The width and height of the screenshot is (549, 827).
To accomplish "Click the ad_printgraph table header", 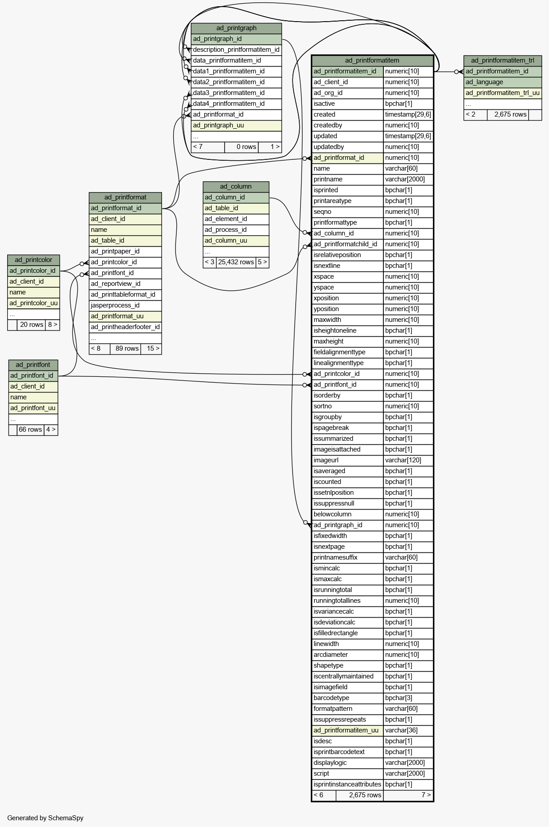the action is [236, 28].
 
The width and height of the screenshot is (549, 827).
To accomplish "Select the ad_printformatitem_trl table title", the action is [503, 60].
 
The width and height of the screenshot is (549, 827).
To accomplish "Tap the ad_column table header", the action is [236, 186].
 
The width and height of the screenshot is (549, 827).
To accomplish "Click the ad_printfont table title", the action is [33, 365].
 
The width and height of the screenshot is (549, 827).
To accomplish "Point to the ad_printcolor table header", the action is [33, 260].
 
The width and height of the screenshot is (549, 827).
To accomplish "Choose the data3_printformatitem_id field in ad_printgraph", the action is [229, 93].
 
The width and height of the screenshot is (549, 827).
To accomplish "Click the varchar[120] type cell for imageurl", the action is [403, 460].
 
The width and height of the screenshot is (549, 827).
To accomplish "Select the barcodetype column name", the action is [332, 698].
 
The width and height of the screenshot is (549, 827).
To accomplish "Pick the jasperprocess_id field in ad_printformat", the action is [115, 305].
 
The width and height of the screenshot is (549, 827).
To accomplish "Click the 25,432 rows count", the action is [236, 262].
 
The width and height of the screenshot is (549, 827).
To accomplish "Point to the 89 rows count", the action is [127, 348].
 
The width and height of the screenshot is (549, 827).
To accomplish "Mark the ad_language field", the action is [485, 82].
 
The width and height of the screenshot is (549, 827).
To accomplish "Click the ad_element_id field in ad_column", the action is [226, 219].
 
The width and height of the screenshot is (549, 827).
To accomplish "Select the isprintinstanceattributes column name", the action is [347, 784].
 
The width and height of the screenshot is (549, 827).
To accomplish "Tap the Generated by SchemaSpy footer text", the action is [45, 818].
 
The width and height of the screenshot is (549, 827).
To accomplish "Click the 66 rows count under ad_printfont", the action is [30, 429].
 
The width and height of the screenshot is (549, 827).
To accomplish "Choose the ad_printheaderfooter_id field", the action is [125, 327].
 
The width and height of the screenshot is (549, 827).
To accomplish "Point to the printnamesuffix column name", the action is [336, 557].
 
